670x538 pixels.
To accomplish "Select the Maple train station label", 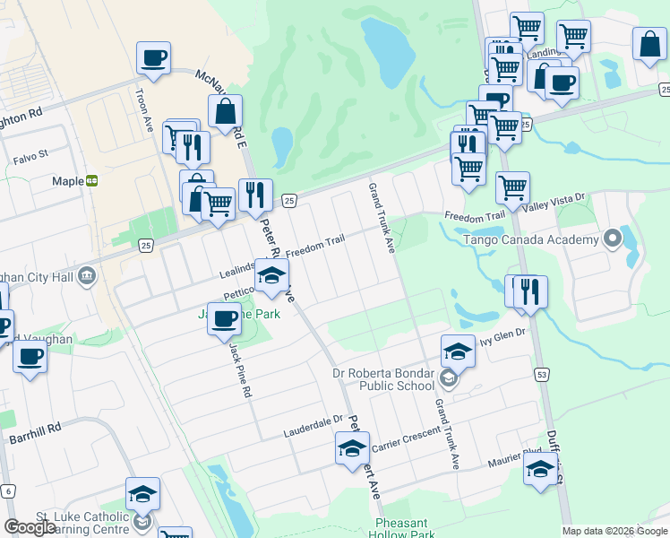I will tap(68, 180).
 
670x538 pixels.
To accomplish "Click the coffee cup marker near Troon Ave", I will tap(153, 58).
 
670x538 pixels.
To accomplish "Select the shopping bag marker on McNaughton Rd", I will tap(225, 112).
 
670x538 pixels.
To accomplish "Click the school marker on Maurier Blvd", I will tap(540, 470).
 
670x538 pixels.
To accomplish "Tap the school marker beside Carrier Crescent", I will tap(352, 447).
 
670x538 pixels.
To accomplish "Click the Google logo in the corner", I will tap(30, 527).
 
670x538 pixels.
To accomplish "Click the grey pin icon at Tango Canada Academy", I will tap(612, 239).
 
